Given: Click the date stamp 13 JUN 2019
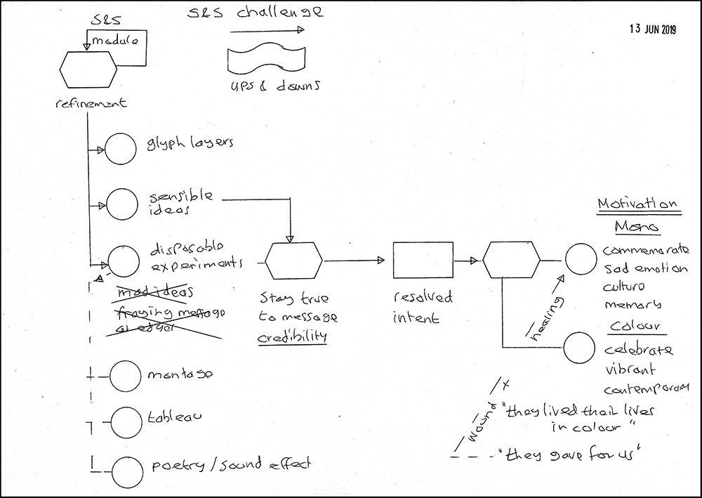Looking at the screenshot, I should pos(652,30).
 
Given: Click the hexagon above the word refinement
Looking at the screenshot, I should pos(87,68).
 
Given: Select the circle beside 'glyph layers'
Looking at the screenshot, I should pos(119,148).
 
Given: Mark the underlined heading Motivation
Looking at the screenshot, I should pos(637,205).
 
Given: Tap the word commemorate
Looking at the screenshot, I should pos(646,250).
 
